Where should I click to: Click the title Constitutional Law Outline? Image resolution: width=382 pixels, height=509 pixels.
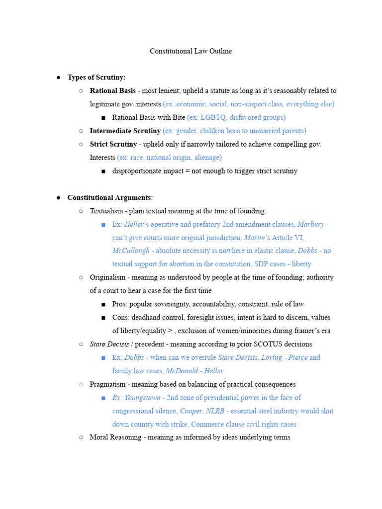191,51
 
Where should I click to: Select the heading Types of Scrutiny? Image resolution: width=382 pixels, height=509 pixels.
96,78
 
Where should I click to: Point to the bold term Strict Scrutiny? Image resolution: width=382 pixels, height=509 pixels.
113,144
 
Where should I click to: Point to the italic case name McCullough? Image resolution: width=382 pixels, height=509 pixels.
130,251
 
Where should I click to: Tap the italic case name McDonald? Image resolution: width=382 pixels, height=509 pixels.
183,371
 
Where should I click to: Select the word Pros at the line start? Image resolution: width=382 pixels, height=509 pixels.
119,304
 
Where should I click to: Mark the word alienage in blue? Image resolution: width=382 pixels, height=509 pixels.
206,158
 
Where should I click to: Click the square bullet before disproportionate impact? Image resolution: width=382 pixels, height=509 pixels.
103,171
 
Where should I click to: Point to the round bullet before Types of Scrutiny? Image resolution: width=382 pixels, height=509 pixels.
58,78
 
